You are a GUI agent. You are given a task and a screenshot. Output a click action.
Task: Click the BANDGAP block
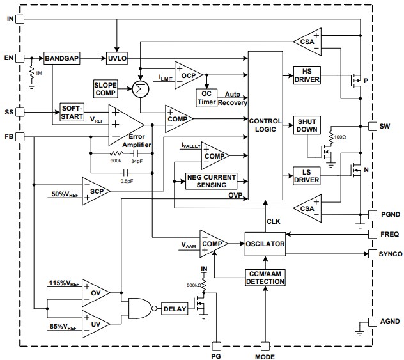click(61, 58)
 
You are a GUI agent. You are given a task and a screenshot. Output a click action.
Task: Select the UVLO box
click(118, 58)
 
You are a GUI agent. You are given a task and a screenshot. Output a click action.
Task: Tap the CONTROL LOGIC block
click(265, 125)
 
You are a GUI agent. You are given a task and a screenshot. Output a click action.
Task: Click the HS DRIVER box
click(307, 74)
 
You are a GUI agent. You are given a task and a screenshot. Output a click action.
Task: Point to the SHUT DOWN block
click(306, 125)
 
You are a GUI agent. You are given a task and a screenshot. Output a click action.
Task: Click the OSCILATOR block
click(265, 243)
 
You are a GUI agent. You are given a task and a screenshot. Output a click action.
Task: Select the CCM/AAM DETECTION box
click(265, 278)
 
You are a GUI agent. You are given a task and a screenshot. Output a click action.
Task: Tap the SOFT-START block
click(73, 111)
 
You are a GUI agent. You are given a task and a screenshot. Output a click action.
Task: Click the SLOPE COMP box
click(105, 88)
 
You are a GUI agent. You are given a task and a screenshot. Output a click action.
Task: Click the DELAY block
click(175, 309)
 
